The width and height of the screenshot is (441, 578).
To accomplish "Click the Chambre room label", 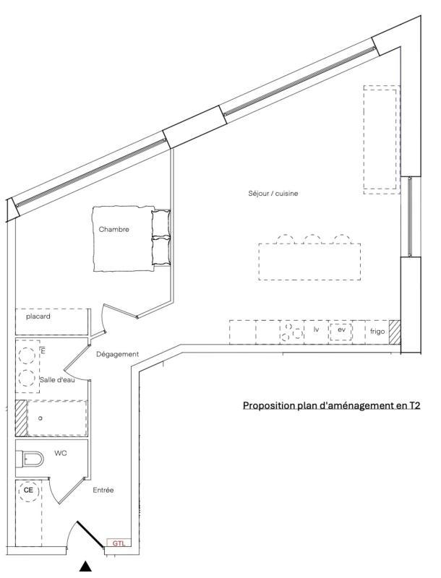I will [x=114, y=230].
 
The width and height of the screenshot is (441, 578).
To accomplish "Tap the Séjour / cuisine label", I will [x=273, y=194].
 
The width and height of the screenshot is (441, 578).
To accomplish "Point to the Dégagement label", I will [x=117, y=354].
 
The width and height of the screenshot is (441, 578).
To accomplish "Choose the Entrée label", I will [x=103, y=491].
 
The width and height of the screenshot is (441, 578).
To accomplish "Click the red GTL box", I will [x=119, y=543].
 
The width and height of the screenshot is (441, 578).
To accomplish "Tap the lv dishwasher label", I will [x=316, y=329].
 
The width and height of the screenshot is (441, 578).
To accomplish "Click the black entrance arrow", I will [x=85, y=566].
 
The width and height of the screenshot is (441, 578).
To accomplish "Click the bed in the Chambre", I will [x=130, y=240].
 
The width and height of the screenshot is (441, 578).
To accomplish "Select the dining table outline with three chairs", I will [x=310, y=262].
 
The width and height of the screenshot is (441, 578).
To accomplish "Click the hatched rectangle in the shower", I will [x=21, y=418].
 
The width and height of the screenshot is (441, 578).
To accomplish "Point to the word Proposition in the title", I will [x=268, y=406].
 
